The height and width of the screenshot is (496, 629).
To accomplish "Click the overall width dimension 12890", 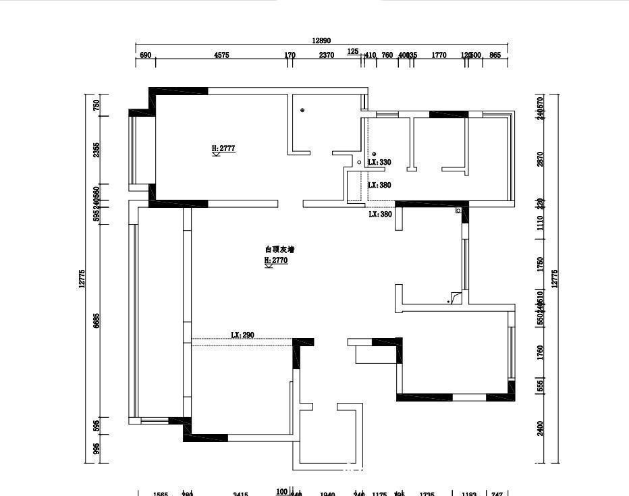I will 321,40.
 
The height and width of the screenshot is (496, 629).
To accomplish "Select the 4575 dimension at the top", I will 221,55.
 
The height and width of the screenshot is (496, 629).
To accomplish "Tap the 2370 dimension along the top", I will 326,55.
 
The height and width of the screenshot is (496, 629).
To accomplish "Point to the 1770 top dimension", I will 439,55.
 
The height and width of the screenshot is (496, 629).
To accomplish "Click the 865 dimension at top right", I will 495,55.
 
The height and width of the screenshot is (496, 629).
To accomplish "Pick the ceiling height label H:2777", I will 223,148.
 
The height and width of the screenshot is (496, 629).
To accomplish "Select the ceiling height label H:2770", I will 276,260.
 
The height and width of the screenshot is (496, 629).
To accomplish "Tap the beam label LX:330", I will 379,163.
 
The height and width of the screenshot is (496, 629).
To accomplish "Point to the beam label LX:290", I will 242,335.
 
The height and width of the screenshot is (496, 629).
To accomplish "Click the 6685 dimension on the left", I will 97,321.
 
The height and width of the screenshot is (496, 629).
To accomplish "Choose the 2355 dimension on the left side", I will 97,150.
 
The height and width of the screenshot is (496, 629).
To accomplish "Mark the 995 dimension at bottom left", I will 97,449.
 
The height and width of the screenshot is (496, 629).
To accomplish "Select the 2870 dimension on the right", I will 539,159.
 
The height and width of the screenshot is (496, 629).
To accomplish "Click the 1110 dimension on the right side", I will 539,223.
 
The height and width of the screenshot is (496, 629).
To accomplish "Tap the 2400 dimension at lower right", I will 539,429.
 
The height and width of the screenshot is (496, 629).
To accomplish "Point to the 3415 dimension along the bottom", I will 240,494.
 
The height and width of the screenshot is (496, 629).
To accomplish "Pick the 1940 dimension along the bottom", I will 327,494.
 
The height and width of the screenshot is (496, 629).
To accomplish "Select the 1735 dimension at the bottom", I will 427,494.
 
